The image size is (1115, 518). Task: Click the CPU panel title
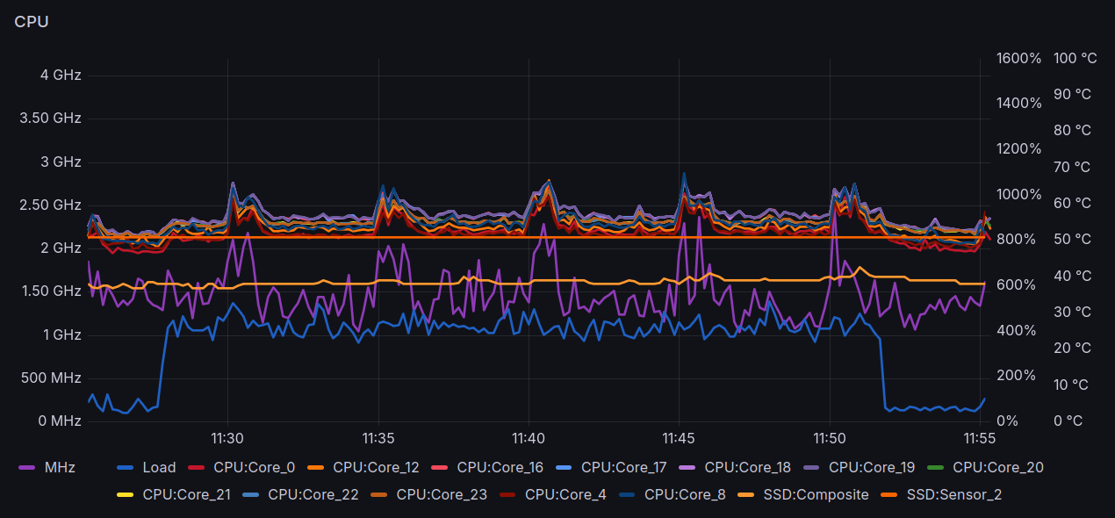point(31,22)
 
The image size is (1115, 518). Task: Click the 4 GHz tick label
point(61,76)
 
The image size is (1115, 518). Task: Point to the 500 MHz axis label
point(52,378)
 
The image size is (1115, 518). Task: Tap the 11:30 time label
point(227,438)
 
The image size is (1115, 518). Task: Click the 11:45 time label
point(679,438)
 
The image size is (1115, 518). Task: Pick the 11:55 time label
point(979,438)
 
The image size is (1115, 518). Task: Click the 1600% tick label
point(1018,59)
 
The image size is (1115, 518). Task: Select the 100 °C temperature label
point(1075,59)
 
